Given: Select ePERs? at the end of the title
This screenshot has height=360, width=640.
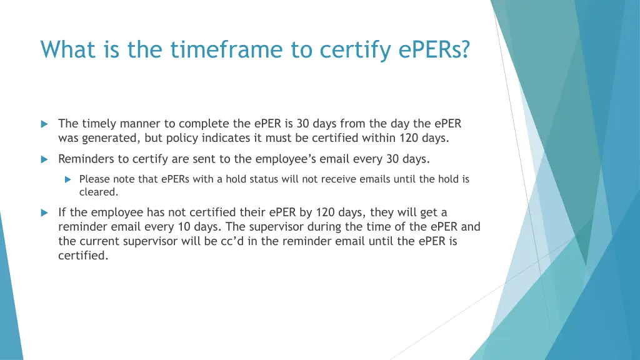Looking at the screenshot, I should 434,49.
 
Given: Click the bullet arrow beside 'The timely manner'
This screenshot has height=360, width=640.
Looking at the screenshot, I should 44,124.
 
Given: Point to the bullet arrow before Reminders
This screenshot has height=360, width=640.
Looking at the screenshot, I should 44,159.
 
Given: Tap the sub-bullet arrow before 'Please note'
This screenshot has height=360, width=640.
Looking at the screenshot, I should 69,179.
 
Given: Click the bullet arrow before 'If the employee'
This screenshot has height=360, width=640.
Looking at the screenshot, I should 44,212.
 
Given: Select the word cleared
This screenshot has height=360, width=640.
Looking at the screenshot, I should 98,192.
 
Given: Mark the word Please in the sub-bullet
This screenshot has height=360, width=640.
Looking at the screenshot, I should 94,179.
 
